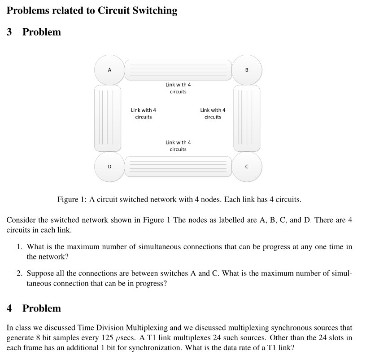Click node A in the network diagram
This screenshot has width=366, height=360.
pyautogui.click(x=109, y=70)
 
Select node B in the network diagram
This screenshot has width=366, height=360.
pyautogui.click(x=246, y=70)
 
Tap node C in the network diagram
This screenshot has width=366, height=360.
pyautogui.click(x=246, y=167)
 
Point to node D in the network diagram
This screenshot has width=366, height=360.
pyautogui.click(x=109, y=167)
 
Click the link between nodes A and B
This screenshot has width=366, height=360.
pyautogui.click(x=178, y=70)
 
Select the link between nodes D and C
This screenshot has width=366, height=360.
pyautogui.click(x=178, y=167)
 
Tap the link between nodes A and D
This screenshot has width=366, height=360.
pyautogui.click(x=107, y=118)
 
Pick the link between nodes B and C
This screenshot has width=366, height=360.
pyautogui.click(x=246, y=118)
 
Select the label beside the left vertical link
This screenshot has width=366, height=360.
pyautogui.click(x=144, y=114)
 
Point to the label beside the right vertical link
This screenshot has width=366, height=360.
pyautogui.click(x=213, y=114)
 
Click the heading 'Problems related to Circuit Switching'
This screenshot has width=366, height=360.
pyautogui.click(x=92, y=11)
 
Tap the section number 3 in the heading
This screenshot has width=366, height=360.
pyautogui.click(x=9, y=32)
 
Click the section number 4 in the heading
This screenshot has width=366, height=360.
pyautogui.click(x=9, y=308)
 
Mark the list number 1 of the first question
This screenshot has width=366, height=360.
pyautogui.click(x=20, y=247)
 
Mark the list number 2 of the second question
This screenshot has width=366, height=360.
pyautogui.click(x=20, y=273)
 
